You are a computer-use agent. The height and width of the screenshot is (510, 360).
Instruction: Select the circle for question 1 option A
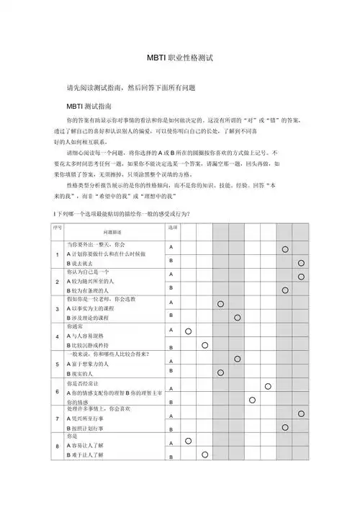[285, 249]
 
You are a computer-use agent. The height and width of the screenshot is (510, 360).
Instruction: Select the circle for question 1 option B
[301, 264]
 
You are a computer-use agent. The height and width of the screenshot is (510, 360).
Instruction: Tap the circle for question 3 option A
[220, 303]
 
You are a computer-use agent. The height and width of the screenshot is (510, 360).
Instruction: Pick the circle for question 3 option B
[237, 317]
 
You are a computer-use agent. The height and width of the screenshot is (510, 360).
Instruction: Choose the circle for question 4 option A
[188, 331]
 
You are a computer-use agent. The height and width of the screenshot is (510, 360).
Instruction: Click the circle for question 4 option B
[204, 345]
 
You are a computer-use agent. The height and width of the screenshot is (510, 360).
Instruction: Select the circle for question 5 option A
[237, 359]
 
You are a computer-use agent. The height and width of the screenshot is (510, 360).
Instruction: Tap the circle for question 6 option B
[253, 400]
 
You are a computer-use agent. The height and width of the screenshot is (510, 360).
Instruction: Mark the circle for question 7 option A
[301, 413]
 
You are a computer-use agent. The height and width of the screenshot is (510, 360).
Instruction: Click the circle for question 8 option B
[204, 455]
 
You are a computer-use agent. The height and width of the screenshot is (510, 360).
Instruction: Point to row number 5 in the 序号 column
[57, 364]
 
